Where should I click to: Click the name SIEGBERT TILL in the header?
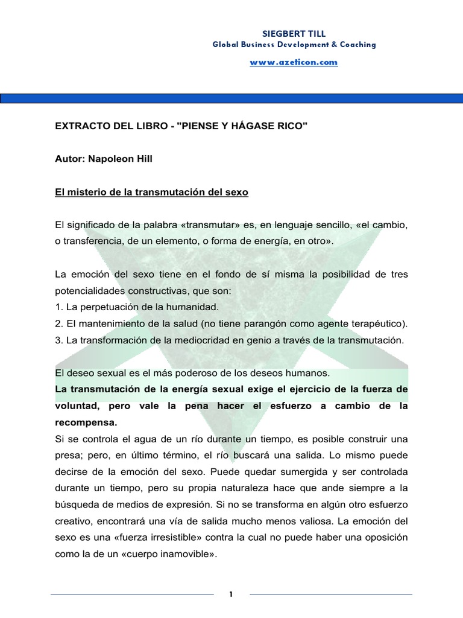(294, 34)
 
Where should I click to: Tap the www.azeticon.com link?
(294, 62)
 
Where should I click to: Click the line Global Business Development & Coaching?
(294, 45)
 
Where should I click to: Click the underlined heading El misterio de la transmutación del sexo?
(151, 193)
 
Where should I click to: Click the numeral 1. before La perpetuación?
(58, 307)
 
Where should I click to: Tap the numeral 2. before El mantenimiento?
(58, 323)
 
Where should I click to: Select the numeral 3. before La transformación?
(58, 340)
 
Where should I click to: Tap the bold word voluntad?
(79, 406)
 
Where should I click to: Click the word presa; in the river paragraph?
(68, 455)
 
